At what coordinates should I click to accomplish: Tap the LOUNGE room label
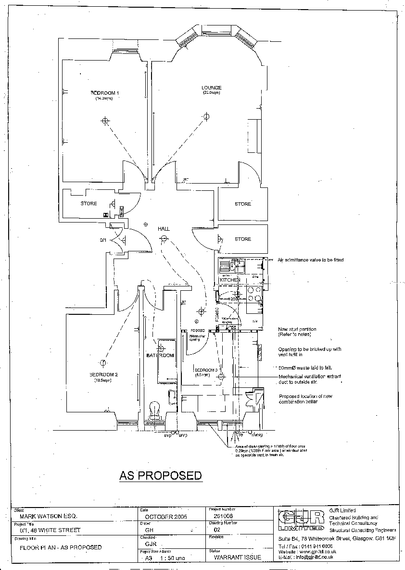(212, 88)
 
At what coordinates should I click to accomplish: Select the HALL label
(164, 229)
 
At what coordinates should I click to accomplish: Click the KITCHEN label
(229, 280)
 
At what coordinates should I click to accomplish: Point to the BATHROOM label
(160, 356)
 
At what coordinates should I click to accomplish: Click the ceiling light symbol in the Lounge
(206, 116)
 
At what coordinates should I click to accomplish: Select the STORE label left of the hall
(89, 204)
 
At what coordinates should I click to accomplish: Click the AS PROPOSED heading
(161, 476)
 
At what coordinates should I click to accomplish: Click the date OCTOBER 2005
(166, 516)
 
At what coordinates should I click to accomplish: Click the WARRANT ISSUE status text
(237, 558)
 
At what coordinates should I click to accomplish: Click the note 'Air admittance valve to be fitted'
(311, 260)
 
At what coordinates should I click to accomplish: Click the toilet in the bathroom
(155, 410)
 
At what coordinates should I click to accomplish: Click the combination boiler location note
(305, 399)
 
